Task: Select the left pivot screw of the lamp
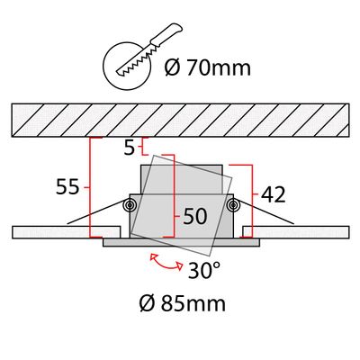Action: [x=130, y=206]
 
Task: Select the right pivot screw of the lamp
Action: [x=233, y=206]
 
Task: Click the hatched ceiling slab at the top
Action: [x=180, y=119]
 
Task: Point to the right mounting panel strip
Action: [x=305, y=232]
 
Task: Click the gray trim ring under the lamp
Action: [x=180, y=241]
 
